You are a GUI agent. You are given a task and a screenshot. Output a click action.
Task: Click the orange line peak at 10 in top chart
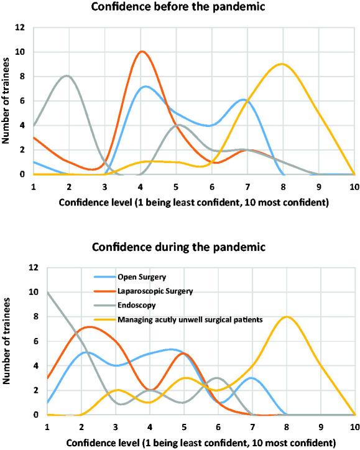point(142,52)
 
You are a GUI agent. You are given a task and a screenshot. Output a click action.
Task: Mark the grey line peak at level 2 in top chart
point(67,76)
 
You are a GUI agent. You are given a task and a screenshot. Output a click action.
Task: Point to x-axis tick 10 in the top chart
point(353,185)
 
